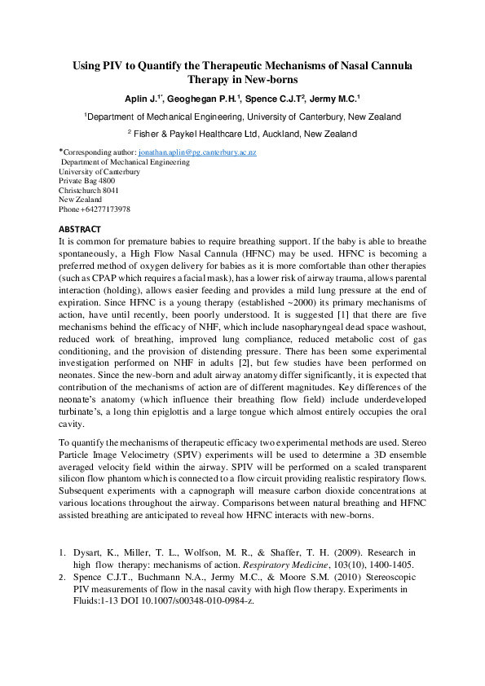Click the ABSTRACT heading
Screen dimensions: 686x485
point(80,229)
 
